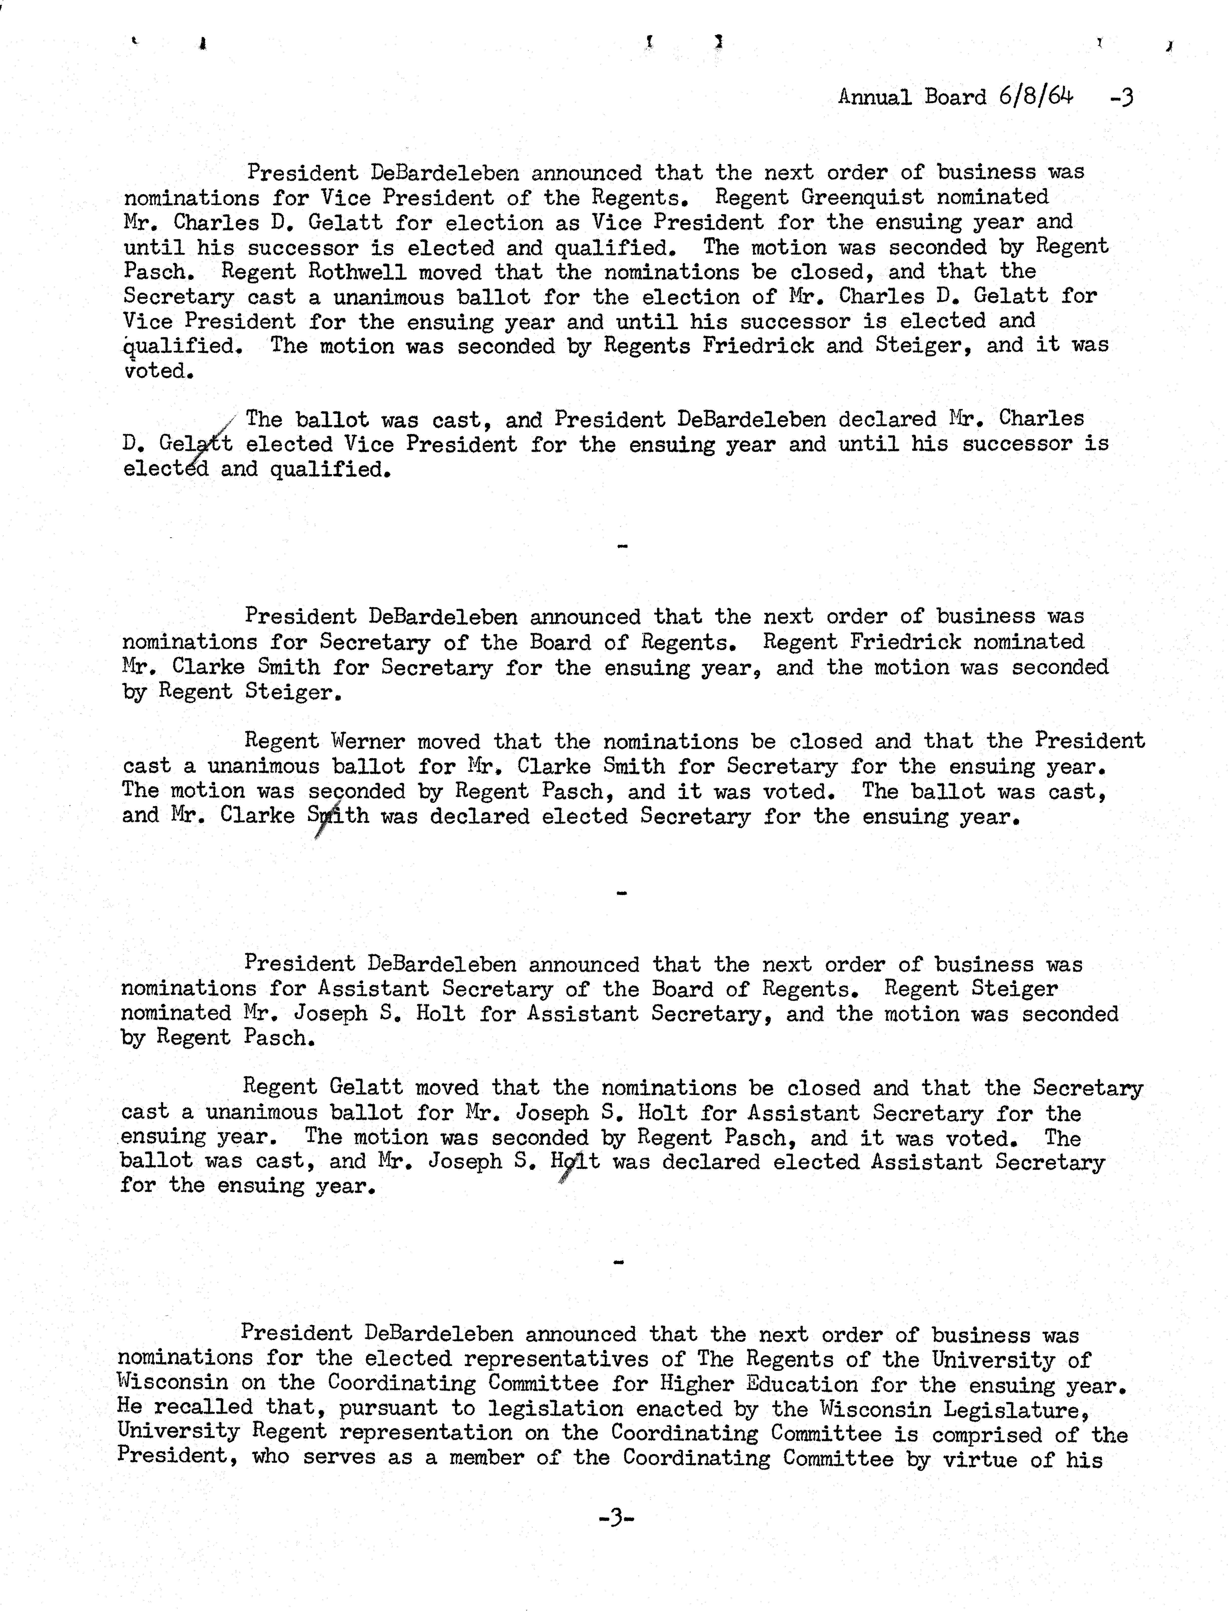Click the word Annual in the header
click(x=874, y=97)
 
